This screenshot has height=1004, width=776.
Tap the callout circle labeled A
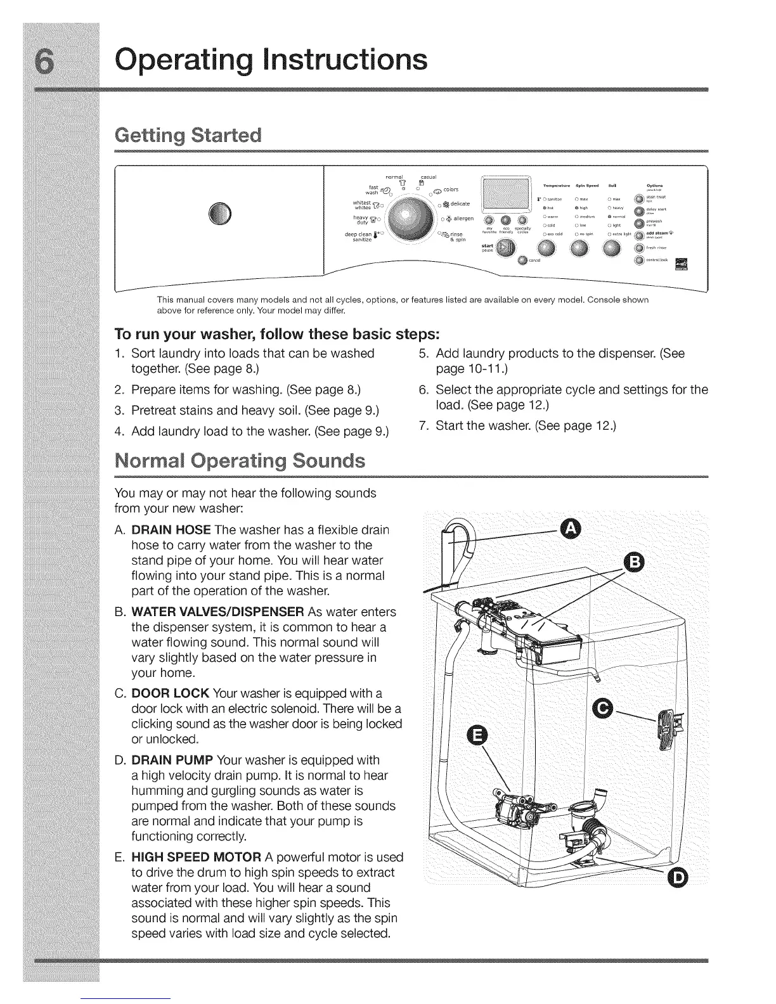pyautogui.click(x=571, y=527)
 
